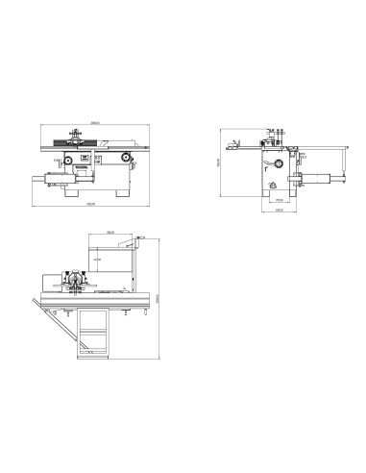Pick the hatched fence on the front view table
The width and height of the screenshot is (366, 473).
pos(87,145)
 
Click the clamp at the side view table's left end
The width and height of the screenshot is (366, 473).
pos(233,145)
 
